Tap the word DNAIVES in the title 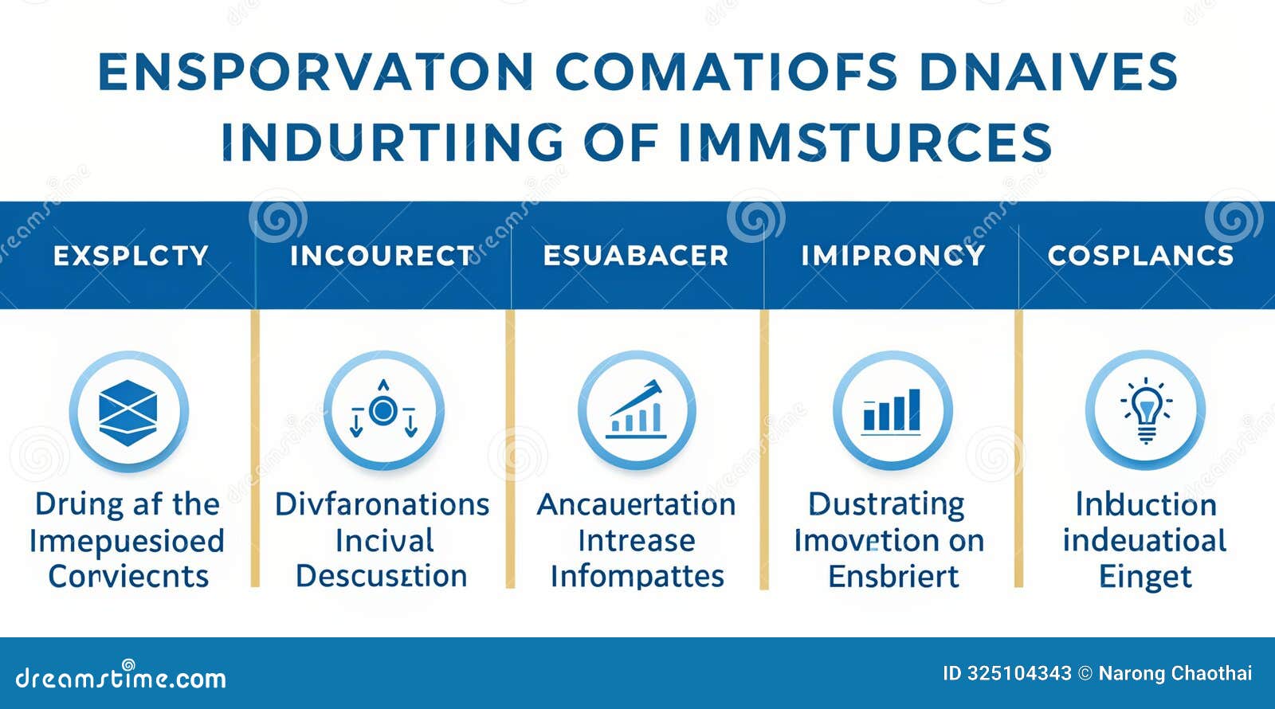(1047, 72)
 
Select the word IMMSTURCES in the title (865, 143)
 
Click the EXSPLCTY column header (131, 256)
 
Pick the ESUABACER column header (636, 256)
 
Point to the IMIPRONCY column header (892, 256)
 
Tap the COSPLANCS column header (1140, 256)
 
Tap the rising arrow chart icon (637, 411)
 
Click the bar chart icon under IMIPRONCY (892, 411)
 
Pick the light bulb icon (1146, 411)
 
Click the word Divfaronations (382, 504)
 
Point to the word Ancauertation (636, 504)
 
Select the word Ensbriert (893, 576)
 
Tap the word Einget (1145, 576)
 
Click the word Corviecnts (128, 576)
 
